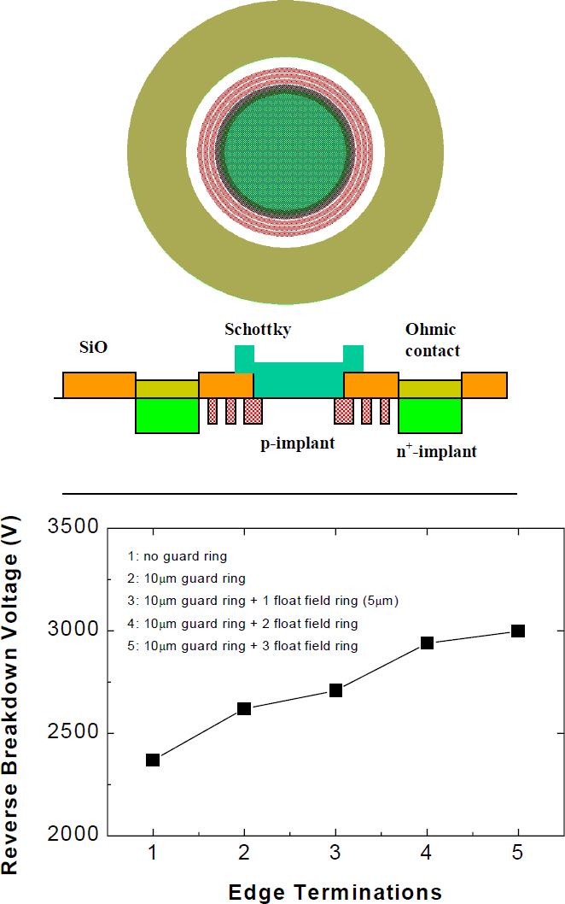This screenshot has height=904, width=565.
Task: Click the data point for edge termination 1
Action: click(153, 760)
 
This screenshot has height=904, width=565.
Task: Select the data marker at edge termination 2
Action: click(244, 708)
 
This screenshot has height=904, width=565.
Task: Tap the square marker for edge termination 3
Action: click(335, 690)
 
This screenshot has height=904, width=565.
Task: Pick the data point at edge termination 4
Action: click(427, 643)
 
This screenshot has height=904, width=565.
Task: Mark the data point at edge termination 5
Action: click(517, 631)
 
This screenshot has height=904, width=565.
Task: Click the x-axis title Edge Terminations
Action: click(335, 892)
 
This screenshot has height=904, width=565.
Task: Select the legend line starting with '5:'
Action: click(242, 646)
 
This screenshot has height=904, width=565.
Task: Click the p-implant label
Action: click(298, 444)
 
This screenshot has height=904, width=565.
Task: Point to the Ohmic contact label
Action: click(432, 339)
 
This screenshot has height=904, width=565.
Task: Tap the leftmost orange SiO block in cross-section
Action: click(99, 384)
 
